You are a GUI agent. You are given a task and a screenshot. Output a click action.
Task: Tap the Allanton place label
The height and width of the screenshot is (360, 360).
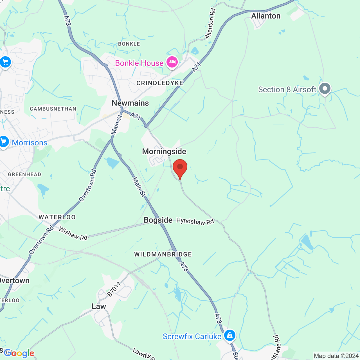coord(266,16)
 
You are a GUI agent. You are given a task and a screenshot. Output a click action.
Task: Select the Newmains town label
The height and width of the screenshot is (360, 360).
coord(130,103)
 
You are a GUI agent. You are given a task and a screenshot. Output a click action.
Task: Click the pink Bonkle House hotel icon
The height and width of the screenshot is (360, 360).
coord(172,62)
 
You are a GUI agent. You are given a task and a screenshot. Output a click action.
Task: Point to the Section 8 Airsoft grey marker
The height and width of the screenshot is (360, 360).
coord(325,89)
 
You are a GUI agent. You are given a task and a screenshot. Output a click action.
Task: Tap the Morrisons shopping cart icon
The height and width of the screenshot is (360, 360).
coord(4,142)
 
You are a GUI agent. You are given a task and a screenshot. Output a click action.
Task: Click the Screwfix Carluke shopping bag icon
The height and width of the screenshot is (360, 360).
coord(230,335)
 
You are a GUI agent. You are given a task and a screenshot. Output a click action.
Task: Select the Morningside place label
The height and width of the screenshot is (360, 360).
coord(164,151)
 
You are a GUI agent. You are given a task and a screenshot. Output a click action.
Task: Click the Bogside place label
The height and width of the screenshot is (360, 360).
coord(158,220)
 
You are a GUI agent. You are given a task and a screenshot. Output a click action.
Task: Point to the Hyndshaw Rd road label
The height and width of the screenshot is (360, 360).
coord(195,221)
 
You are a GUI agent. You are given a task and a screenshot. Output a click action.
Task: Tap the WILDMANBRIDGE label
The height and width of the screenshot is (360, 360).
coord(163,254)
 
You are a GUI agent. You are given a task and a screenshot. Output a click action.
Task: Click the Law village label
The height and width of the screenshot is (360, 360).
coord(99,306)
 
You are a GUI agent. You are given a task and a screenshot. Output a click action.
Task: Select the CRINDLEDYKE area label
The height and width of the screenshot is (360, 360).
coord(160,83)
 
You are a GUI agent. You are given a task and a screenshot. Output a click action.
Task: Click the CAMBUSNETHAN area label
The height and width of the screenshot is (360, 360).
coord(53,109)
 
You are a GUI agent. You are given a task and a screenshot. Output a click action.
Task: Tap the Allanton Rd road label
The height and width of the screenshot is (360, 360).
coord(210,24)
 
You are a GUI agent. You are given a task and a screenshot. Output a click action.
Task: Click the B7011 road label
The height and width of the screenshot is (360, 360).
coord(114,289)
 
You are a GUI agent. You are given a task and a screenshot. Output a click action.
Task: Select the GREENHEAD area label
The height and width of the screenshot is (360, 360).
coord(24,174)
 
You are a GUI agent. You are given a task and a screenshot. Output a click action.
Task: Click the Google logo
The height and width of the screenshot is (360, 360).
coord(19,353)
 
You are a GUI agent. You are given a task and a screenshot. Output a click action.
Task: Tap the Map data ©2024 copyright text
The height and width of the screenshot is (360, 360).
coord(336,356)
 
